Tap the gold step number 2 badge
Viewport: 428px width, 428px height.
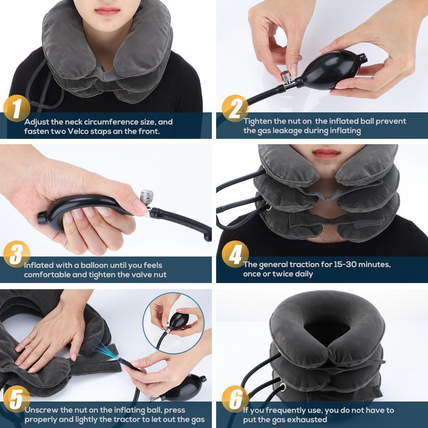[235, 108]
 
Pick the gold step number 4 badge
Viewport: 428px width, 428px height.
[235, 255]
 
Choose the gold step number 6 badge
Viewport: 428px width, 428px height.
[235, 399]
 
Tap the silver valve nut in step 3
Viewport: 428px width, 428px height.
[147, 196]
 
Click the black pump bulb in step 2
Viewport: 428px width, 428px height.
[330, 69]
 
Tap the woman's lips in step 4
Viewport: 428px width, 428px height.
[326, 153]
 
